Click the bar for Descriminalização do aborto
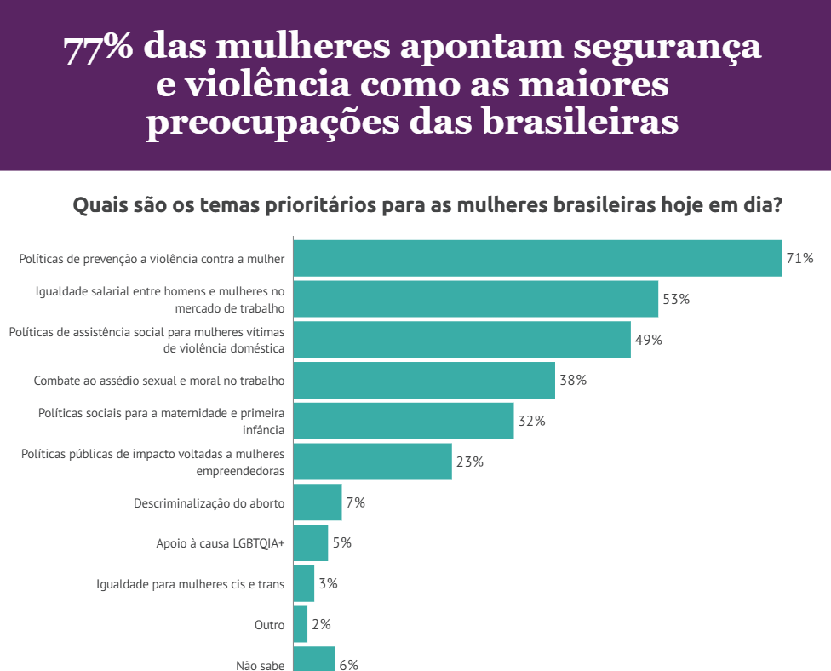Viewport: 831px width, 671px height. [317, 502]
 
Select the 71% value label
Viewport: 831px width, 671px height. [799, 258]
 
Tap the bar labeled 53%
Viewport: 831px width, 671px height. [475, 299]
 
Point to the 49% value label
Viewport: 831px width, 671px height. [648, 340]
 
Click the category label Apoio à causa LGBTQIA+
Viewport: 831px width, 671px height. [220, 543]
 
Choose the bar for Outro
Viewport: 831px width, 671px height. [300, 624]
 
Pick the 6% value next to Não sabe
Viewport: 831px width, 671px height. [348, 665]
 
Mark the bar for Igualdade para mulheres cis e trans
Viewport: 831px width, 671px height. [303, 583]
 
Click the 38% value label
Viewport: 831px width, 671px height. [573, 380]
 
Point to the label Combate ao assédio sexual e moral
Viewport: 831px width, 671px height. [159, 381]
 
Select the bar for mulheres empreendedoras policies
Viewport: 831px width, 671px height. [372, 462]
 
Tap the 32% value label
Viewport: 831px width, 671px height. [531, 421]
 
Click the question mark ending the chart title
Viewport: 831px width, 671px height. [777, 206]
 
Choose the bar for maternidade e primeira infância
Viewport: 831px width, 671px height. [403, 421]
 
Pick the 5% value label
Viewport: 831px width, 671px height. [341, 542]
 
